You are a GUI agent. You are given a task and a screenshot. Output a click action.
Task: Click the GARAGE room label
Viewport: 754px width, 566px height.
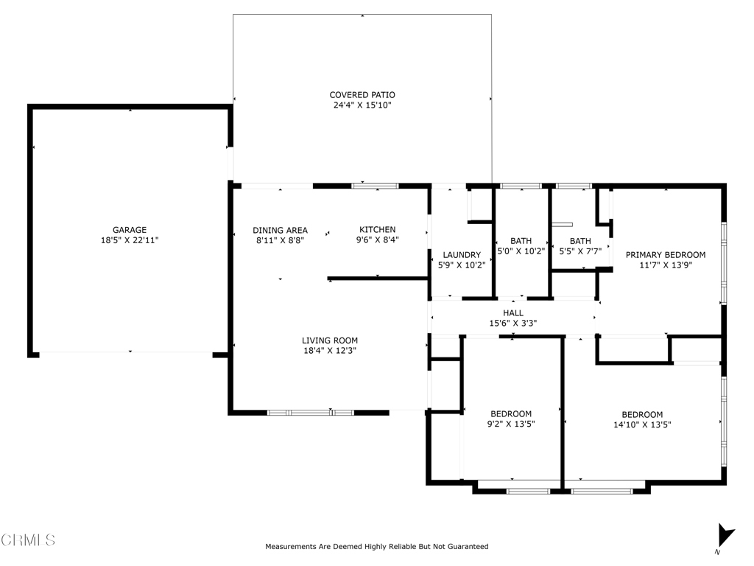(x=130, y=230)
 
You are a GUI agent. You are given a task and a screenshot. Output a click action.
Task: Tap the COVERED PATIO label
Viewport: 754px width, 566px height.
(x=362, y=95)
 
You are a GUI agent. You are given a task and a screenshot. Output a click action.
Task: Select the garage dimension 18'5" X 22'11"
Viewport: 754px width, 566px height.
(x=130, y=240)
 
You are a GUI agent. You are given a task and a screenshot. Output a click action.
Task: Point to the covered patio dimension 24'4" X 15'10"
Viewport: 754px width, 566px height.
(x=362, y=105)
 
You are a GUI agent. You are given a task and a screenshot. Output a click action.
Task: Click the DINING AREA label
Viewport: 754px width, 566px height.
(x=281, y=230)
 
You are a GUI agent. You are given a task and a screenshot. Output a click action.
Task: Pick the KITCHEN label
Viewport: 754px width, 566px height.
(x=378, y=230)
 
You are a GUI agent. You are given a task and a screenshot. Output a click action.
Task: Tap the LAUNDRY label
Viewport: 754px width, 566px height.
(x=462, y=254)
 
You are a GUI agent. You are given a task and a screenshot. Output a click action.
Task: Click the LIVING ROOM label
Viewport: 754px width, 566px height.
(x=330, y=340)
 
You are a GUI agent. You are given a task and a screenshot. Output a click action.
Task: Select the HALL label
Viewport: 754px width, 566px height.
(x=513, y=313)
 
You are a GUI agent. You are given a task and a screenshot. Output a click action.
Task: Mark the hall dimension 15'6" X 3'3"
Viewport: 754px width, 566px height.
(x=513, y=324)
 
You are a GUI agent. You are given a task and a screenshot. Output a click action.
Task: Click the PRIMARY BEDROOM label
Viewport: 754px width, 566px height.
(x=666, y=254)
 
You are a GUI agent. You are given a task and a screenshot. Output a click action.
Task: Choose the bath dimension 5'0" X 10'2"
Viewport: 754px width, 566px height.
(x=521, y=251)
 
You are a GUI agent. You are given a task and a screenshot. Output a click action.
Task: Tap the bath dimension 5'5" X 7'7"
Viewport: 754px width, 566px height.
(x=580, y=251)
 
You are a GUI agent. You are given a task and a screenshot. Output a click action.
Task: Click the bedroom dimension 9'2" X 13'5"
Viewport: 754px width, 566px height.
(x=511, y=424)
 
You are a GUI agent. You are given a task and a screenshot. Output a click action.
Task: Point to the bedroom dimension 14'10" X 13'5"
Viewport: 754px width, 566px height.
(x=642, y=424)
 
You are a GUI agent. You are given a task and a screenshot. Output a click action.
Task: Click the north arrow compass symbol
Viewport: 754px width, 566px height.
(x=725, y=537)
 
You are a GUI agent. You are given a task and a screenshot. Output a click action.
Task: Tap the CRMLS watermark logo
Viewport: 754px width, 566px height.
(x=29, y=540)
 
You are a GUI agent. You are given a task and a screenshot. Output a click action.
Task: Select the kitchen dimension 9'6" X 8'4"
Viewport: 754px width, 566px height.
(x=378, y=240)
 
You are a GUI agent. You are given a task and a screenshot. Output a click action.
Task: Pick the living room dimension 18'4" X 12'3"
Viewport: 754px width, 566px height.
(x=330, y=351)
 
